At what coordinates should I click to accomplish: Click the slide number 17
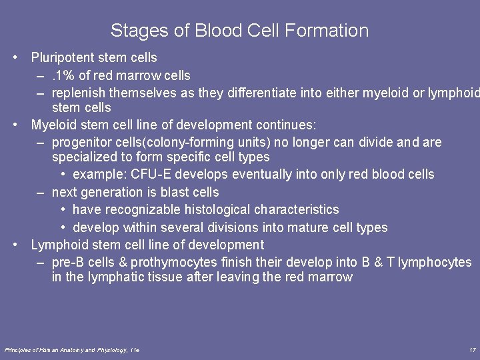coord(472,350)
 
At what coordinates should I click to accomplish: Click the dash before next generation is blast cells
coord(41,192)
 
